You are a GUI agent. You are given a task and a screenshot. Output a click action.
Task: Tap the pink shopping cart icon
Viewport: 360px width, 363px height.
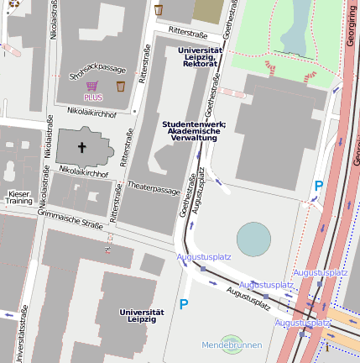tap(92, 86)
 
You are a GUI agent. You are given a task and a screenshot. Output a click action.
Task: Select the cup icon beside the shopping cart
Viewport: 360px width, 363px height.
tap(120, 86)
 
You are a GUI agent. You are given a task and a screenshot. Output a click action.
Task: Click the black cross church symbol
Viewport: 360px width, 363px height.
tap(82, 148)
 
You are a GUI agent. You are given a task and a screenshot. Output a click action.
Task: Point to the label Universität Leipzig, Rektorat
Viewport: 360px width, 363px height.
tap(201, 56)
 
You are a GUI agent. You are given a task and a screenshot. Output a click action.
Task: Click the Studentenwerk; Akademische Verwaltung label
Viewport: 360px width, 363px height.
tap(194, 130)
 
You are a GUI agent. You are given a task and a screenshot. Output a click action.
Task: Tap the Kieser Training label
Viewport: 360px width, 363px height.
tap(18, 197)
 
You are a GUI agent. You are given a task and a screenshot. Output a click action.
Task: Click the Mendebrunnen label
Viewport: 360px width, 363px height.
tap(232, 345)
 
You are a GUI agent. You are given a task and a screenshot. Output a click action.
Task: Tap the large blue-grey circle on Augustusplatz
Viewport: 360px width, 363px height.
tap(254, 239)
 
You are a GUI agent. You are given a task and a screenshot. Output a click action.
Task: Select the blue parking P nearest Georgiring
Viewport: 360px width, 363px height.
tap(318, 185)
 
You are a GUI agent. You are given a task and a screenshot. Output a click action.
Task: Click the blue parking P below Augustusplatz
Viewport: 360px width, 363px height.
tap(184, 304)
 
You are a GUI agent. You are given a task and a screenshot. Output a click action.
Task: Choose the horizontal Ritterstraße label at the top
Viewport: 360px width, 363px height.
tap(188, 31)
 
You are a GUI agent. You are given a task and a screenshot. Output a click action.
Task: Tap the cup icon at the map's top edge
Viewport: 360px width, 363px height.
tap(159, 9)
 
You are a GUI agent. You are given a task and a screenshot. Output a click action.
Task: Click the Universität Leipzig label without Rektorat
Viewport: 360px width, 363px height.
tap(141, 315)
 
